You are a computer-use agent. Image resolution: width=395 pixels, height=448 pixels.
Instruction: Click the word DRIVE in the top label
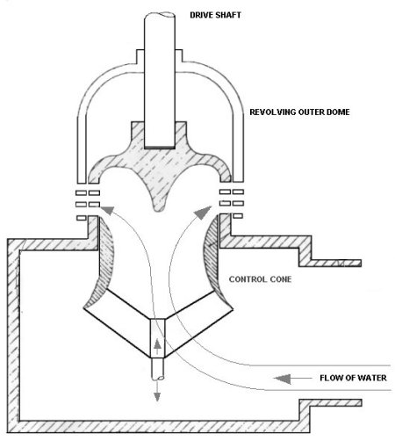(202, 15)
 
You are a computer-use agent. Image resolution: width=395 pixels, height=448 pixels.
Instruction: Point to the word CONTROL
(248, 279)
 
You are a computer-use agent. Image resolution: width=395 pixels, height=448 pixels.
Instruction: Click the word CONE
(281, 279)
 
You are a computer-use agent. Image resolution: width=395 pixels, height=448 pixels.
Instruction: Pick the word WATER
(372, 378)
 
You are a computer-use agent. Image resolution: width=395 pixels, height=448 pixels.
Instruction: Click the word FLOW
(331, 378)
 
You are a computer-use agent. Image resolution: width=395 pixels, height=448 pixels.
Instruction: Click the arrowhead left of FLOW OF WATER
(283, 379)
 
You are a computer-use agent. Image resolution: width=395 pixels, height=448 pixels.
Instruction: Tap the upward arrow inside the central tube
(157, 347)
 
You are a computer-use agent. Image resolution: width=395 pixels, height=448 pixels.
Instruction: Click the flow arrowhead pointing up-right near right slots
(203, 213)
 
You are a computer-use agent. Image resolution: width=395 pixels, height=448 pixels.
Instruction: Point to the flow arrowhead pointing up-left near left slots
(107, 211)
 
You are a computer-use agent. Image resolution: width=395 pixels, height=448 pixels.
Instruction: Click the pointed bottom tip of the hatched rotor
(158, 211)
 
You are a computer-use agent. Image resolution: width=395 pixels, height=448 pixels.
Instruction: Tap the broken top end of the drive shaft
(160, 15)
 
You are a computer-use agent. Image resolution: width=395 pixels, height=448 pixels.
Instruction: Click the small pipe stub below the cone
(158, 369)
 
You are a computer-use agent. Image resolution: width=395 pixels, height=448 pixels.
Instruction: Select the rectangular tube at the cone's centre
(158, 338)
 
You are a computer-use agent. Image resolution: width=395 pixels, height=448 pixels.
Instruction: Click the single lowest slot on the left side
(82, 218)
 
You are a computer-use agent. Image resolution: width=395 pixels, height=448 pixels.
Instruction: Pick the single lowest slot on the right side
(238, 216)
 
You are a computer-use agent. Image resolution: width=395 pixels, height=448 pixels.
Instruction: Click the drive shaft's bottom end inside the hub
(160, 147)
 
